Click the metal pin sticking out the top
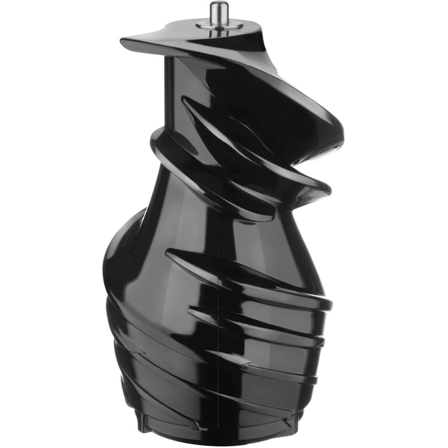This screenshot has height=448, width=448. tap(216, 13)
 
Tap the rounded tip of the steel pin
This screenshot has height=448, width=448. tap(216, 5)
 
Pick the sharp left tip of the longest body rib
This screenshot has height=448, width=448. tap(167, 255)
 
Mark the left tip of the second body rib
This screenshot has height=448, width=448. tap(189, 307)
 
